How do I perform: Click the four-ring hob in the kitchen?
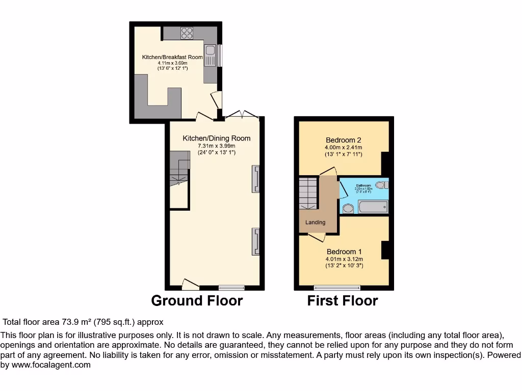[x=187, y=33]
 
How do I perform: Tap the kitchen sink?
[x=210, y=52]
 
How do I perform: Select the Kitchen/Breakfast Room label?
[x=172, y=57]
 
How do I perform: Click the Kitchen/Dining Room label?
[x=217, y=138]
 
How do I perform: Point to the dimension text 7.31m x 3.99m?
[x=217, y=146]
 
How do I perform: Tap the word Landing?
[x=315, y=222]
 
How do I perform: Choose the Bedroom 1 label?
[x=344, y=252]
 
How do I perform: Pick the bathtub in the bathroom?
[x=373, y=206]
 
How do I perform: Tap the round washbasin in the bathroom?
[x=348, y=208]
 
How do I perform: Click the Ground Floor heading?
[x=197, y=301]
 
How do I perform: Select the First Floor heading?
[x=343, y=301]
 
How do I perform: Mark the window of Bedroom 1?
[x=337, y=287]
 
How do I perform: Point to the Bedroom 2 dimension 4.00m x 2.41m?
[x=343, y=148]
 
